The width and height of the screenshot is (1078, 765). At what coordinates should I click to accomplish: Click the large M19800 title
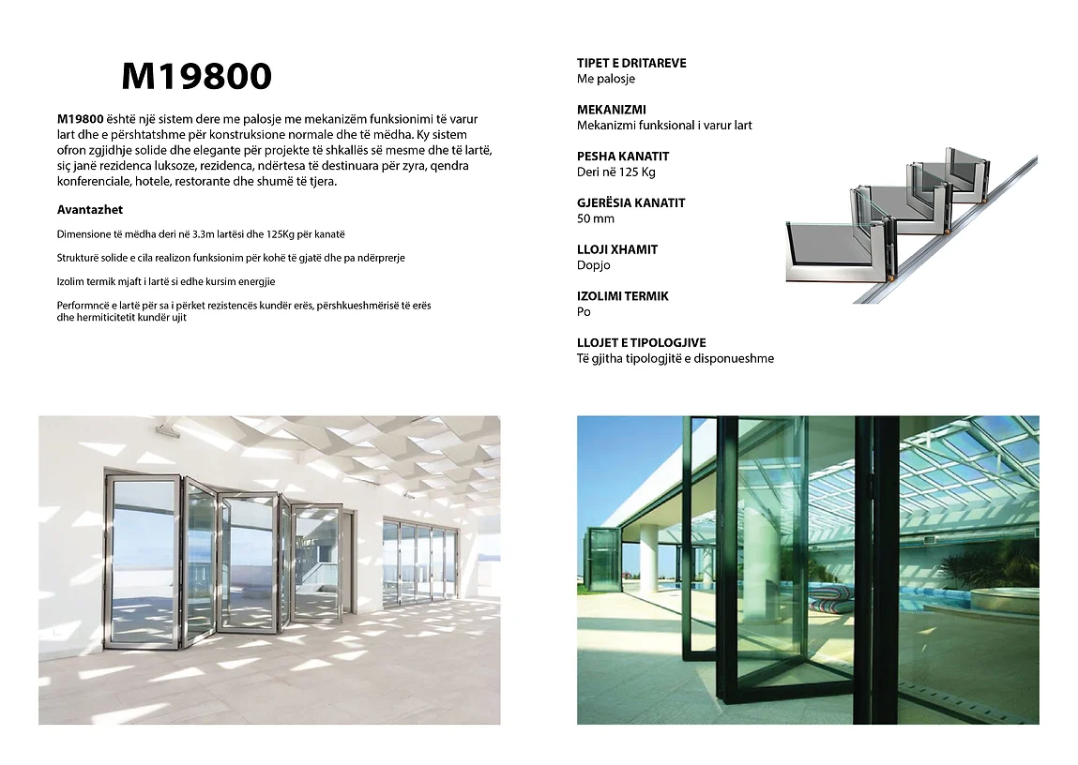coord(197,77)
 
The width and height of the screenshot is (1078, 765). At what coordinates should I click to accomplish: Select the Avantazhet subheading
coord(90,210)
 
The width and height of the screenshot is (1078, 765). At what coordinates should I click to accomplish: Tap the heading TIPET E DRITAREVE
coord(631,63)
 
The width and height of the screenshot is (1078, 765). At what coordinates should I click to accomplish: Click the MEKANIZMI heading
coord(611,110)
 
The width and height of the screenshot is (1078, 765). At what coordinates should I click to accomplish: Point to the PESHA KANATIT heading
coord(623,157)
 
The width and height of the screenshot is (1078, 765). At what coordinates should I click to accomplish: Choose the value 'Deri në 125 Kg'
coord(615,172)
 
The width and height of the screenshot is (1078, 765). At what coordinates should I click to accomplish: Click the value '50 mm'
coord(595,218)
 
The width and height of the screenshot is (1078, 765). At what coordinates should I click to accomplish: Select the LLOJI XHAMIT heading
coord(617,249)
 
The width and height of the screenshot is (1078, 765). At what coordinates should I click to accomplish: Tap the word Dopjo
coord(593,265)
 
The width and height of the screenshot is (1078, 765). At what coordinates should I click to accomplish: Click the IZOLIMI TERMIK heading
coord(623,296)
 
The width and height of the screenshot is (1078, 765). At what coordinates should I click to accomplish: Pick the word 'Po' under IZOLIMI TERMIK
coord(584,312)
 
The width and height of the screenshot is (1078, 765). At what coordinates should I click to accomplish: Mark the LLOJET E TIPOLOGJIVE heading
coord(642,343)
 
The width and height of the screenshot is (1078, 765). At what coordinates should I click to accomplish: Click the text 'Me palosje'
coord(605,79)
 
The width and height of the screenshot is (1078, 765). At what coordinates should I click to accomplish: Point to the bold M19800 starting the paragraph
coord(80,119)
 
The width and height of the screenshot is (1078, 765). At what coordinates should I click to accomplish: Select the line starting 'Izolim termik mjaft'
coord(165,281)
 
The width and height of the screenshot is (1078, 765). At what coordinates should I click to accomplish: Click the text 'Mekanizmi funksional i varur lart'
coord(664,126)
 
